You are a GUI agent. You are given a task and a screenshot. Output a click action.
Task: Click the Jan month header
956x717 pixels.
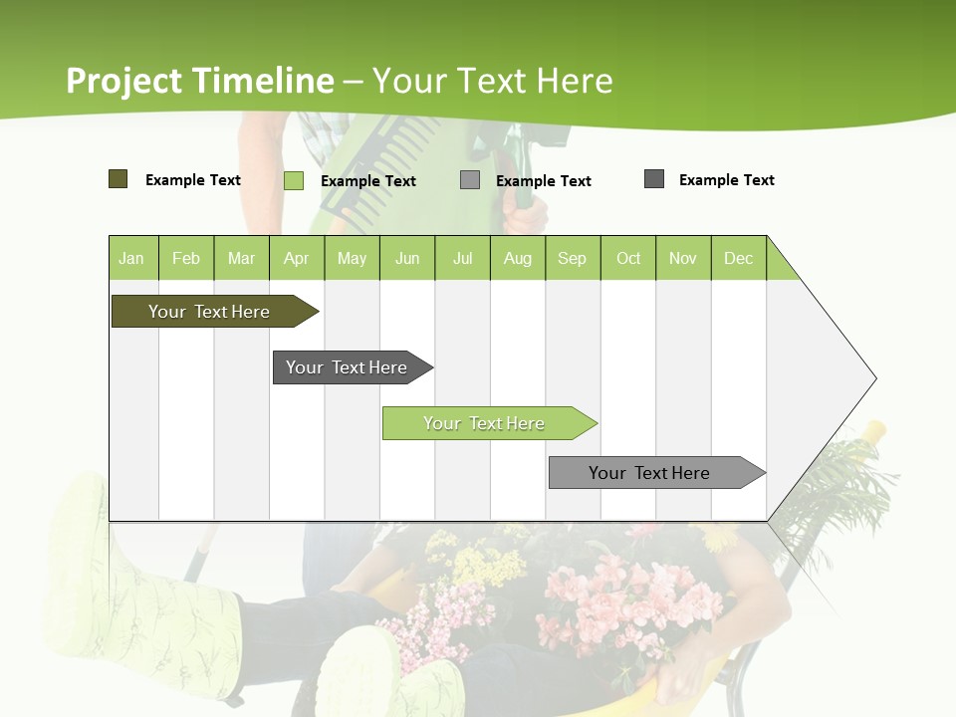pos(131,259)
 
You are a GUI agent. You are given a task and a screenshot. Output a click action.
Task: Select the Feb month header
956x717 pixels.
pos(186,259)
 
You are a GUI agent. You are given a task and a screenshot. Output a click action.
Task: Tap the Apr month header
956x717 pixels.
pos(297,259)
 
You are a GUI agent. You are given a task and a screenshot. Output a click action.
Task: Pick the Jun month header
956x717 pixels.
pos(407,259)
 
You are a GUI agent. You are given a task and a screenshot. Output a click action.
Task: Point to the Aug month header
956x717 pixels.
pos(518,259)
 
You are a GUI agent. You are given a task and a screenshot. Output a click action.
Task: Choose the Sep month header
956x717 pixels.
pos(573,259)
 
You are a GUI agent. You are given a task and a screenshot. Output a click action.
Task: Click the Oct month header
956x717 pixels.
pos(628,259)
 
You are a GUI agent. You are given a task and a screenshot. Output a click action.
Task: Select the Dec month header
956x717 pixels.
pos(739,259)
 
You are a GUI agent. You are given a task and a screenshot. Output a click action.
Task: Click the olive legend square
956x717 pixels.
pos(119,179)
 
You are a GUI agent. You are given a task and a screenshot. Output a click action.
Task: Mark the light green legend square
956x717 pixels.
pos(294,180)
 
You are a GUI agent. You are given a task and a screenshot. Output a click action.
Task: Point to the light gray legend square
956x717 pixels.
pos(470,180)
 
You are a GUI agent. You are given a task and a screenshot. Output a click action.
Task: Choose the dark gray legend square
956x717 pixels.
pos(654,179)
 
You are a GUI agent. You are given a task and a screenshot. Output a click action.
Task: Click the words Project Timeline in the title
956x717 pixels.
pos(200,81)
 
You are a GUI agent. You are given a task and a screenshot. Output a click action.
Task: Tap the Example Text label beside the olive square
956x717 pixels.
pos(193,180)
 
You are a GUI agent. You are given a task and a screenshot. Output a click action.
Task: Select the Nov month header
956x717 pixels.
pos(683,259)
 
